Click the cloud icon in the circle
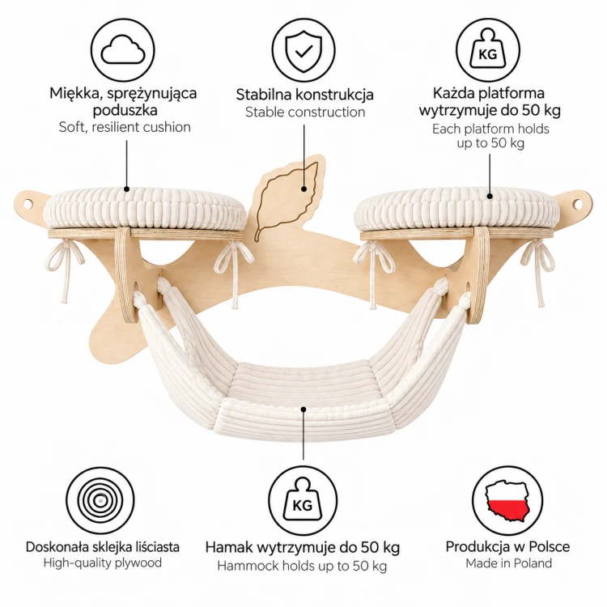pos(123,49)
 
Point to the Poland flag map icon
pos(507,500)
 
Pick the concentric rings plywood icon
pos(100,500)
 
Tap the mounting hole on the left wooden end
pos(28,202)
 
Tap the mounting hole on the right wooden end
pos(578,203)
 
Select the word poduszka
pos(125,110)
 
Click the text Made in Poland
pos(508,562)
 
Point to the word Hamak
pos(228,547)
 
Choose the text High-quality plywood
pos(103,562)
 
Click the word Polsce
pos(550,546)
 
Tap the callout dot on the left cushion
pos(126,189)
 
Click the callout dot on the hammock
pos(303,410)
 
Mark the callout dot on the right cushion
pos(490,196)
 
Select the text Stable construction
pos(305,112)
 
